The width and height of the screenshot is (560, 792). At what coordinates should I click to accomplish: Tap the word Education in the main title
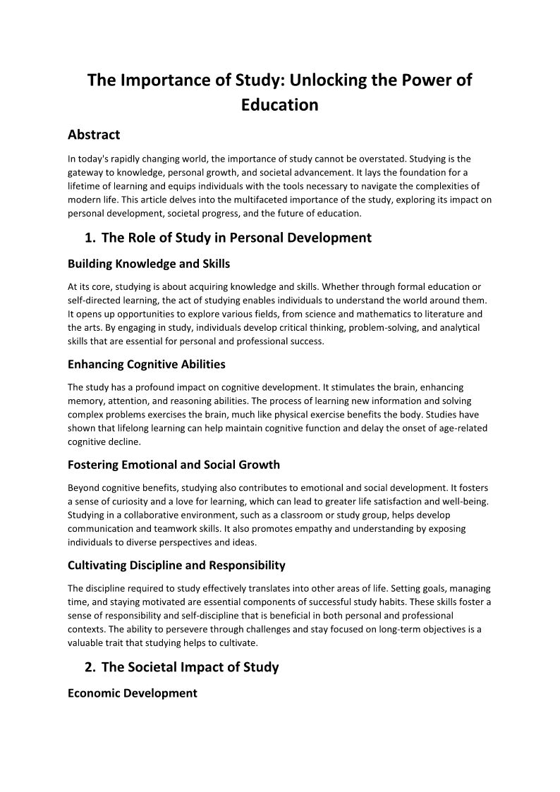click(279, 105)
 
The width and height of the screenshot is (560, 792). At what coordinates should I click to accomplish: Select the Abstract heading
click(94, 135)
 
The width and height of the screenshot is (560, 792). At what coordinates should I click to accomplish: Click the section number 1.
click(89, 238)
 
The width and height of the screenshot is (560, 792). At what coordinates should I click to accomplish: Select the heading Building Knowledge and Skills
click(149, 264)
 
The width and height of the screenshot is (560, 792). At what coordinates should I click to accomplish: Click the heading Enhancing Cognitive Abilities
click(147, 365)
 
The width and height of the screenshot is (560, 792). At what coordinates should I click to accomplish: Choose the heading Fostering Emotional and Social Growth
click(174, 465)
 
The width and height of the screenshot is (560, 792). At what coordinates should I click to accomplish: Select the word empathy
click(297, 528)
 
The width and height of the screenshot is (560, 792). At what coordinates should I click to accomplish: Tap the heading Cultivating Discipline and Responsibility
click(176, 565)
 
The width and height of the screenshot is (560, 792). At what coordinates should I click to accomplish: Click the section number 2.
click(89, 666)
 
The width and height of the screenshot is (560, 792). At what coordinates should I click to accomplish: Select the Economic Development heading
click(133, 693)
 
